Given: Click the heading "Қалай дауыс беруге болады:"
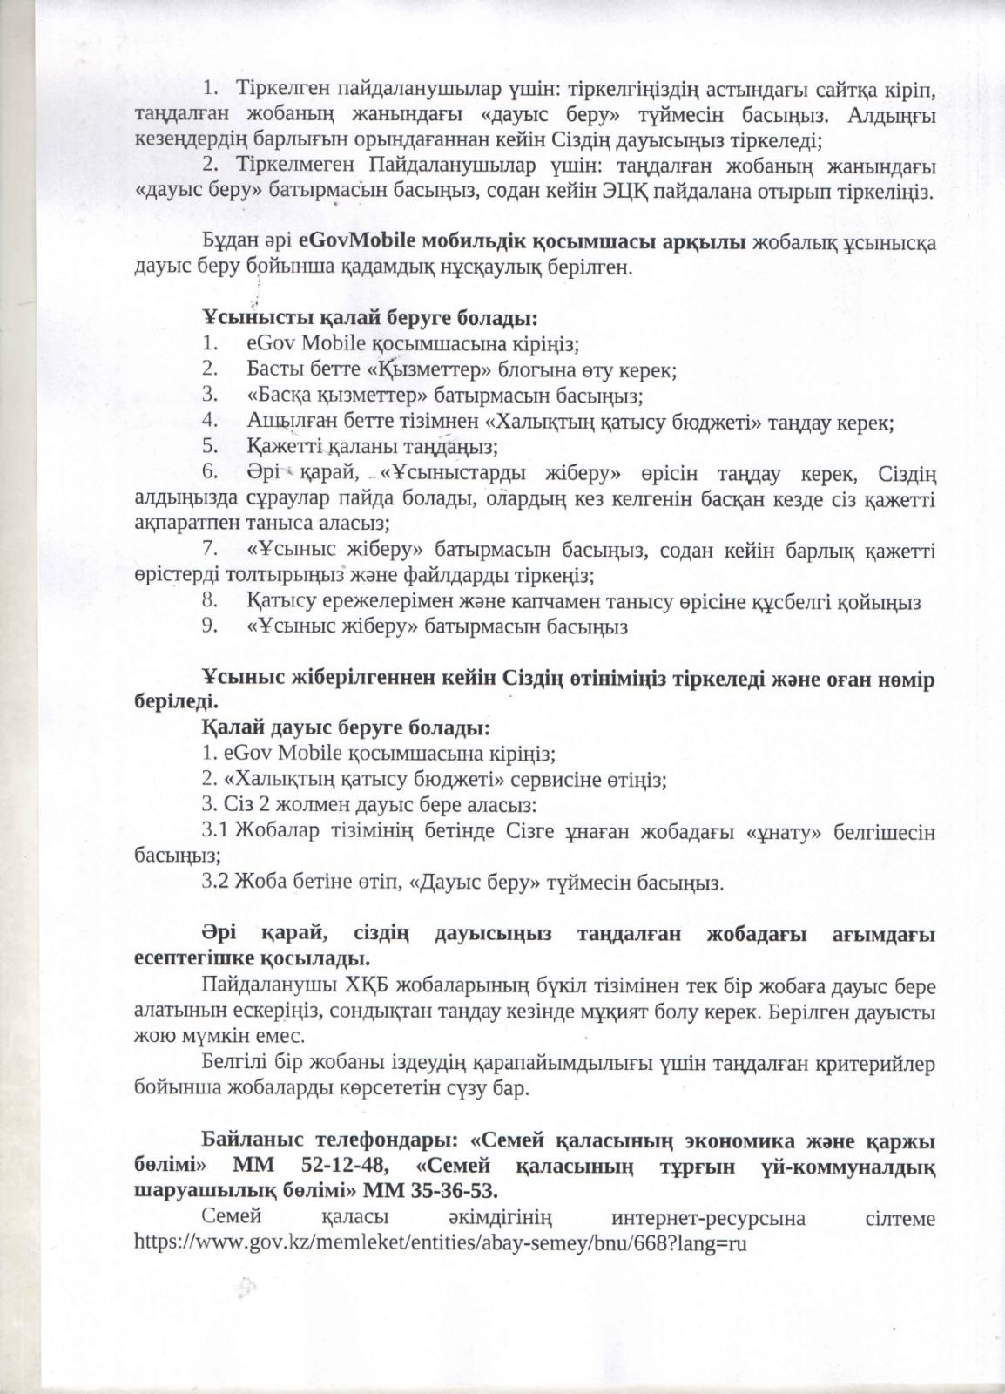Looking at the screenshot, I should [x=346, y=726].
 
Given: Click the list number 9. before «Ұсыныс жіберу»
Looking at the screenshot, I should [x=209, y=626].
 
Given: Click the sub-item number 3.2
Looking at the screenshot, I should [x=214, y=883].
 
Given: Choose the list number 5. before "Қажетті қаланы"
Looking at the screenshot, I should [x=209, y=447].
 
